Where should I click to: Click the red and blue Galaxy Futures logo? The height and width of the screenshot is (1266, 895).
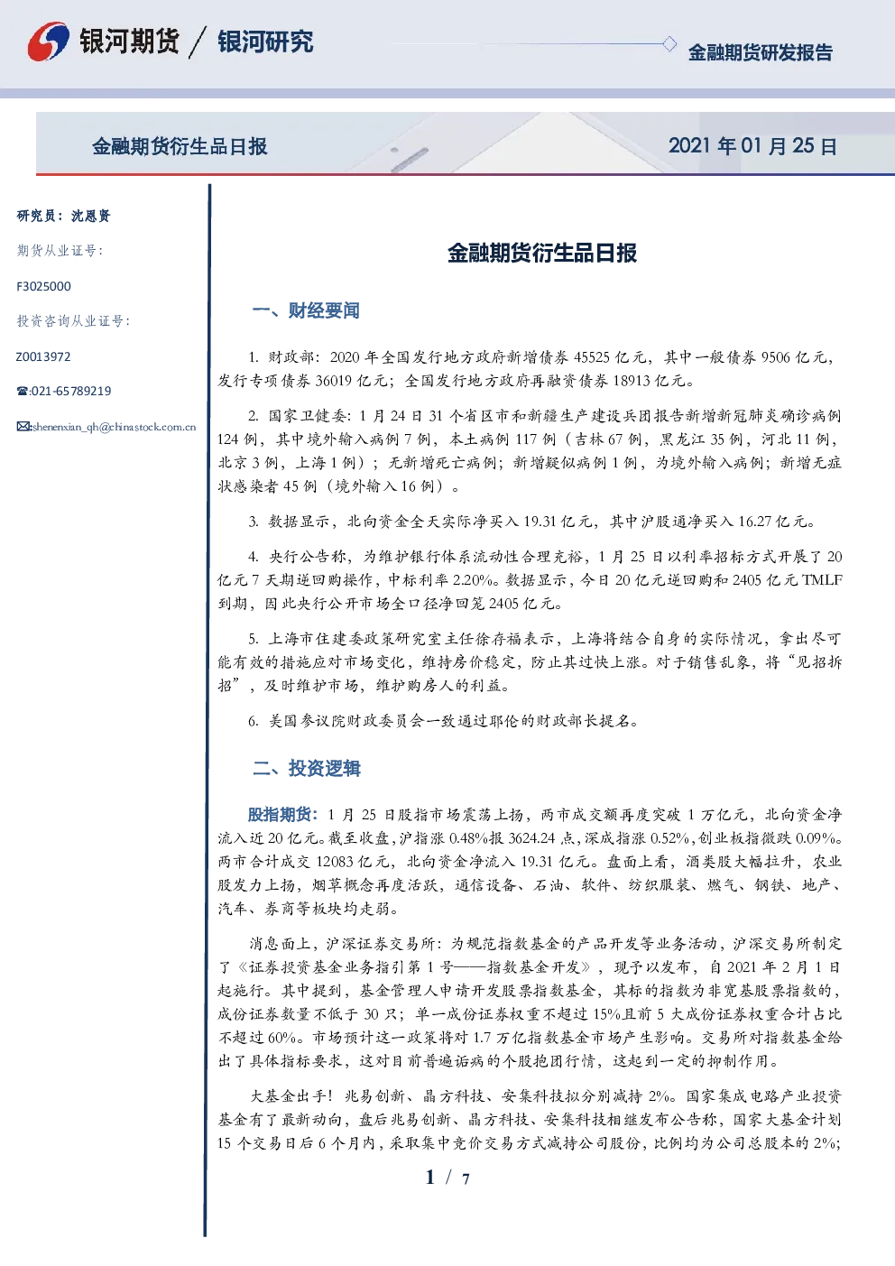click(x=49, y=42)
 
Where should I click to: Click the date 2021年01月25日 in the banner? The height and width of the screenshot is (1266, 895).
click(x=752, y=146)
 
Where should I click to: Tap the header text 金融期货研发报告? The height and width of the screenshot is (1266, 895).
click(x=760, y=52)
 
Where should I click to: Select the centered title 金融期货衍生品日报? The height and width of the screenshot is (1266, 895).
click(x=542, y=254)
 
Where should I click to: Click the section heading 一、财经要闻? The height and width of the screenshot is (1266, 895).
click(x=306, y=310)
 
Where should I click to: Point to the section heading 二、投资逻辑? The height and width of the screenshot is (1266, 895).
click(x=306, y=768)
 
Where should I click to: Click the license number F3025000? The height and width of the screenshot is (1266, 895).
click(x=43, y=287)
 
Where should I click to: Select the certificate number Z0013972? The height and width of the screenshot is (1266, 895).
click(x=43, y=356)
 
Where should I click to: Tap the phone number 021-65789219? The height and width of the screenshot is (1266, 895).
click(x=70, y=391)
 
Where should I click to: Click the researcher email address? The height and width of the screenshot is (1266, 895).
click(x=114, y=427)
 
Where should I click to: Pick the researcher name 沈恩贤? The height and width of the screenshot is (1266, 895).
click(x=90, y=216)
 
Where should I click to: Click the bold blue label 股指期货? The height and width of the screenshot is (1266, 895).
click(x=279, y=815)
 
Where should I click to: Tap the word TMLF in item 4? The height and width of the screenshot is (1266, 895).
click(x=822, y=580)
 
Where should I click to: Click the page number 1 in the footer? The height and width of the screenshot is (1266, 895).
click(x=430, y=1178)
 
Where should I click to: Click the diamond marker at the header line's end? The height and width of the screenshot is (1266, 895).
click(x=669, y=43)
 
